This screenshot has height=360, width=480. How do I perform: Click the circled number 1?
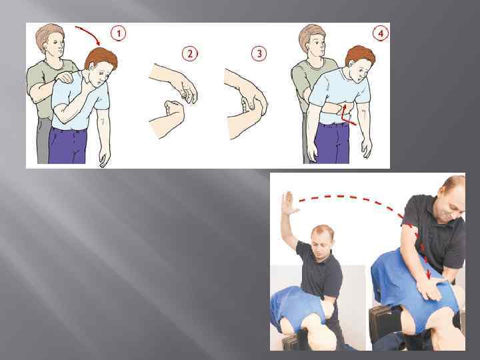(118, 33)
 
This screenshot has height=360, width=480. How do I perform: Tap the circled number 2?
(190, 54)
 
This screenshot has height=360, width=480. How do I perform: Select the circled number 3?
(259, 54)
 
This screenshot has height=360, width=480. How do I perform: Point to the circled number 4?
(381, 33)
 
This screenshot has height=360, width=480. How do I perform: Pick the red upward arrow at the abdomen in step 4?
(347, 116)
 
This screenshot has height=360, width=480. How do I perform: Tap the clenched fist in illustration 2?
(173, 109)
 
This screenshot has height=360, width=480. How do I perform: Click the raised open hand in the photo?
(289, 203)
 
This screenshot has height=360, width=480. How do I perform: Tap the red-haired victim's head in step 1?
(101, 66)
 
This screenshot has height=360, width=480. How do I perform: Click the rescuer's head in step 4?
(312, 41)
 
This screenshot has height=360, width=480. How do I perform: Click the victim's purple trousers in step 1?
(68, 145)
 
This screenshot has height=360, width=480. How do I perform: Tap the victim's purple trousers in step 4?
(332, 143)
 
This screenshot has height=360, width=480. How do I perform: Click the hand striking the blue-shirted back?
(431, 288)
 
